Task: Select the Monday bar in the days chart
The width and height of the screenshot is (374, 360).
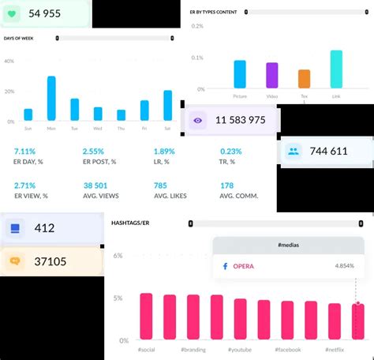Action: coord(51,99)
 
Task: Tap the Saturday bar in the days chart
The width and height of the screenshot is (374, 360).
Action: coord(167,105)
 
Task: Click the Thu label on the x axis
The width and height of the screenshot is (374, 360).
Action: coord(121,128)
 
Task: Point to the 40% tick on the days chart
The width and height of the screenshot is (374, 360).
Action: coord(9,62)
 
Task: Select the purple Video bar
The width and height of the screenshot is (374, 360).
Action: coord(272,76)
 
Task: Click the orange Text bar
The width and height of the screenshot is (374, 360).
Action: coord(304,79)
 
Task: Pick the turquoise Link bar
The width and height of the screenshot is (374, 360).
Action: coord(336,69)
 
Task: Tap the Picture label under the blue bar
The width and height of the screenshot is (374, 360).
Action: coord(240,96)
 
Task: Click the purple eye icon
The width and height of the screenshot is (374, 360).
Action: coord(198,121)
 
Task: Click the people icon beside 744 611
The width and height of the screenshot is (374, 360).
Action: coord(294,151)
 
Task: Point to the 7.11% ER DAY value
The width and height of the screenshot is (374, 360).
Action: coord(25,152)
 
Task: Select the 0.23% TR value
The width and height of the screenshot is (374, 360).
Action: coord(231,152)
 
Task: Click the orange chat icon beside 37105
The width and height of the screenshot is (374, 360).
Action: coord(15,261)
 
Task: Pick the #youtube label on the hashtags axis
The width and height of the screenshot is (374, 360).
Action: coord(240,349)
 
